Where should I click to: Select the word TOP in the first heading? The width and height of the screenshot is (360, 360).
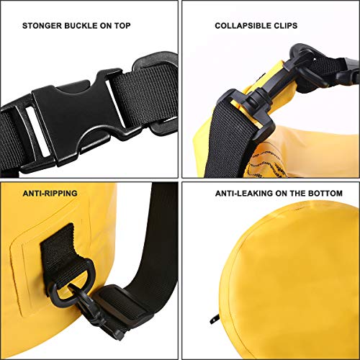[x=122, y=26]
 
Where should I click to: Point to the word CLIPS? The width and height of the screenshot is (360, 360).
[x=287, y=26]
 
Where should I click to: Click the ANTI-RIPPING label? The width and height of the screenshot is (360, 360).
[x=50, y=194]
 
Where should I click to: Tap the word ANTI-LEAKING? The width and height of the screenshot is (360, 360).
[x=244, y=194]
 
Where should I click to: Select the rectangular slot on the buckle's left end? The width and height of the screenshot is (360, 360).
[x=38, y=131]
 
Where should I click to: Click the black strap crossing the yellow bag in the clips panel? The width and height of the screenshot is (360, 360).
[x=228, y=142]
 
